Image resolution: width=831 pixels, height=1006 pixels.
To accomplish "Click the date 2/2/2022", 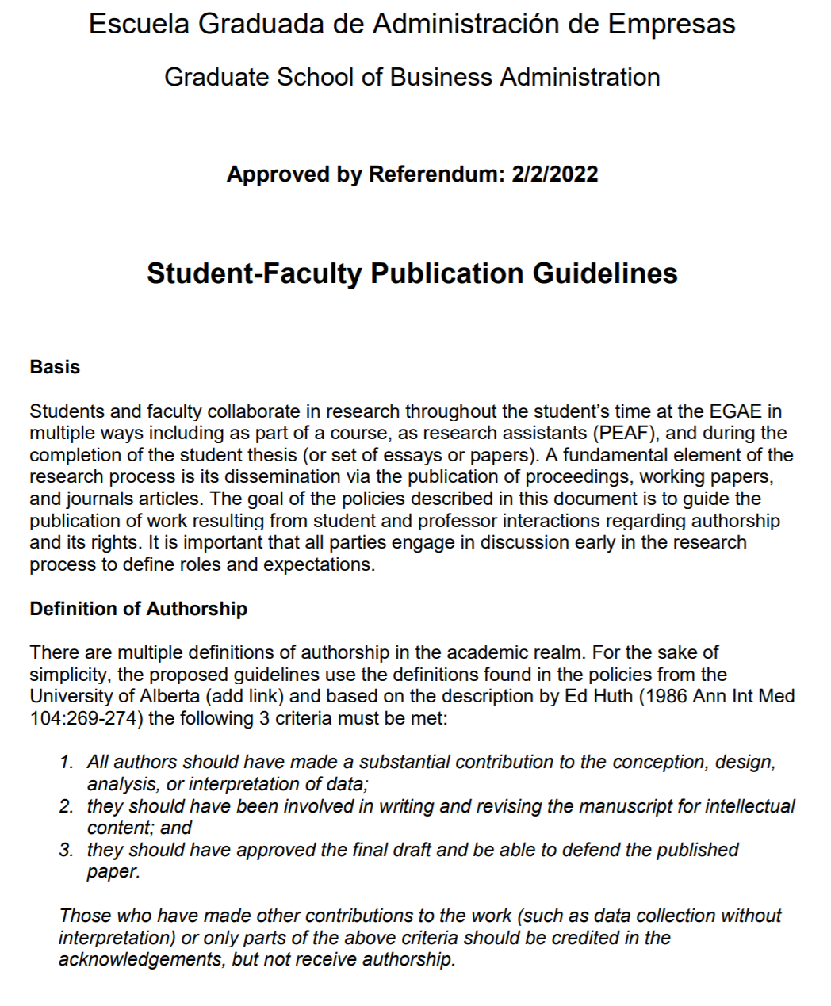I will click(x=555, y=174).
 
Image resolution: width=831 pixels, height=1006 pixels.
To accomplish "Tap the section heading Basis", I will click(x=55, y=367).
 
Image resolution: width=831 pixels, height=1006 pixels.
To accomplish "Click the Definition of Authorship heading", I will click(x=138, y=609).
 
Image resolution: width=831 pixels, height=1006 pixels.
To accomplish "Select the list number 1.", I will click(x=67, y=763).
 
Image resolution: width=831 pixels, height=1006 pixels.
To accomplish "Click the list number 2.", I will click(x=67, y=806).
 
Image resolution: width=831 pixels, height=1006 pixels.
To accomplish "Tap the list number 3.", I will click(x=67, y=850).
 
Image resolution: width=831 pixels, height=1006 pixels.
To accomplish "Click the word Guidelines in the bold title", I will click(x=605, y=273).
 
